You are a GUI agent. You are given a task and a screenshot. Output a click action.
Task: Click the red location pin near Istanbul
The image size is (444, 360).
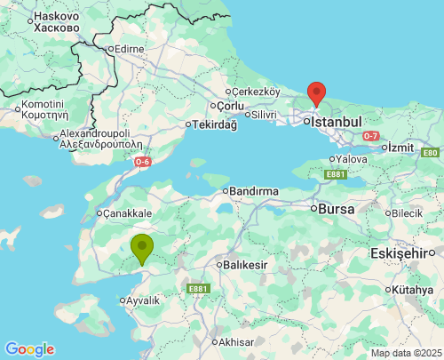[x=315, y=92]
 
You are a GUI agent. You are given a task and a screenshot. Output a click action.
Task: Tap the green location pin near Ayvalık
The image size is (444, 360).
[x=141, y=247]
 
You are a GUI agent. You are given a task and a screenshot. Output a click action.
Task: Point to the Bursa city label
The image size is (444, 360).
[x=338, y=209]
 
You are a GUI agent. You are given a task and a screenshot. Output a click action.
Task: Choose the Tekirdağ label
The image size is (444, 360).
[x=215, y=124]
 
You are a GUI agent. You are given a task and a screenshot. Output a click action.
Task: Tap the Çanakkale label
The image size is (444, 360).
[x=127, y=213]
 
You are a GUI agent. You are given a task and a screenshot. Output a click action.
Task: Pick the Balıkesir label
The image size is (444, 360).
[x=248, y=265]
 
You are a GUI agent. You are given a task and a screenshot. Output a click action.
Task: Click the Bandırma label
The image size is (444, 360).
[x=253, y=191]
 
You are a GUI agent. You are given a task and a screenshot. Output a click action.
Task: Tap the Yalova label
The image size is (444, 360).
[x=352, y=159]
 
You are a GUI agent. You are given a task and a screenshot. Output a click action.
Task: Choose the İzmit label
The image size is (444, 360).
[x=403, y=147]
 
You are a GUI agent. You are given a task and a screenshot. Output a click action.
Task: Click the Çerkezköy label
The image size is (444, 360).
[x=257, y=92]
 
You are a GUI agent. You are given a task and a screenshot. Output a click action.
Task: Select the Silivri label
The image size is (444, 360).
[x=264, y=115]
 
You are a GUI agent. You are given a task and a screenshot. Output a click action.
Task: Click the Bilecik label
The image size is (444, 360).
[x=408, y=213]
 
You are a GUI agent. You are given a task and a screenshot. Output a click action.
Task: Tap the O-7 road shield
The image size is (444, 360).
[x=370, y=135]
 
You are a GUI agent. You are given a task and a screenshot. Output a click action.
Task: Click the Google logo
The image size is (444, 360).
[x=29, y=349]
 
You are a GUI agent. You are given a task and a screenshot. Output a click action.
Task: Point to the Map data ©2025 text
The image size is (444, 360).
[x=406, y=353]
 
